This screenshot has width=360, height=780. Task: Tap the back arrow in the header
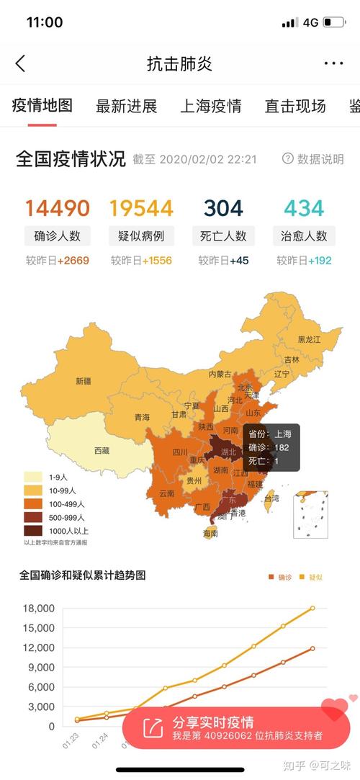[20, 63]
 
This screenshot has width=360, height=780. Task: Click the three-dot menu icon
[333, 63]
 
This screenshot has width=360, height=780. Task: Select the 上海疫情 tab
[210, 107]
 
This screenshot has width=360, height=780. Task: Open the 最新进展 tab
[126, 107]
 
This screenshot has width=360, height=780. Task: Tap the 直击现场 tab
[295, 107]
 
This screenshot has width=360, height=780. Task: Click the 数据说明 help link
[313, 159]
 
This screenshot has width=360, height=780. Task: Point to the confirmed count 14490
[58, 208]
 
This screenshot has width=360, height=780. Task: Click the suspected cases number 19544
[141, 208]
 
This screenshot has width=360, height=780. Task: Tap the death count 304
[223, 208]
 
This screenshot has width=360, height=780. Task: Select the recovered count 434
[304, 208]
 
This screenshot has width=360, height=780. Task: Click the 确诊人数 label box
[58, 236]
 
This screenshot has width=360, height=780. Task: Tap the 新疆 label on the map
[84, 381]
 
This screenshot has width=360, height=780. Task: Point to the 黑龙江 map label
[310, 340]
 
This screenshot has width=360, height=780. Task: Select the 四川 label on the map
[180, 452]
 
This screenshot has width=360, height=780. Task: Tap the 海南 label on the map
[210, 533]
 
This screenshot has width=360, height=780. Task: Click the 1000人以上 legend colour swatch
[32, 530]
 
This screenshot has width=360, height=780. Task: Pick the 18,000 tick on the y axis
[39, 608]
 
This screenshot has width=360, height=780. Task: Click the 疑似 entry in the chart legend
[310, 577]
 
